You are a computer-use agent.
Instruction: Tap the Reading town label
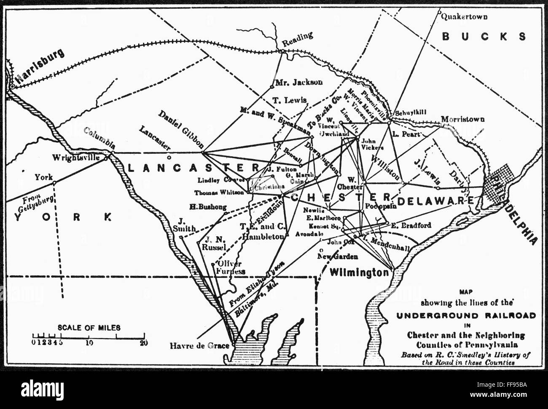pos(298,40)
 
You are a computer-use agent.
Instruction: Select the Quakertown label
pos(464,17)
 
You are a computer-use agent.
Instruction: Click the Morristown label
pos(462,119)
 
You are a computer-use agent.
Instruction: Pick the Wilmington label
pos(359,272)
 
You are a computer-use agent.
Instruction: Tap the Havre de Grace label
pos(199,346)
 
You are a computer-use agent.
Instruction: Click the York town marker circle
pos(54,182)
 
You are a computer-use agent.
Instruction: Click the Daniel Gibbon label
pos(181,127)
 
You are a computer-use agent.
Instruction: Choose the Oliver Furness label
pos(230,267)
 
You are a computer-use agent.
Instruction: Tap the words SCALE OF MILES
pos(89,327)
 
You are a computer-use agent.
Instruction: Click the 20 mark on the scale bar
pos(143,342)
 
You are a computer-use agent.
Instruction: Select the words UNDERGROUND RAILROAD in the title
pos(465,315)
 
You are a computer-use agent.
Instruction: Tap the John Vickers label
pos(372,145)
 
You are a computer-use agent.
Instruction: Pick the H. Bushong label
pos(208,207)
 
